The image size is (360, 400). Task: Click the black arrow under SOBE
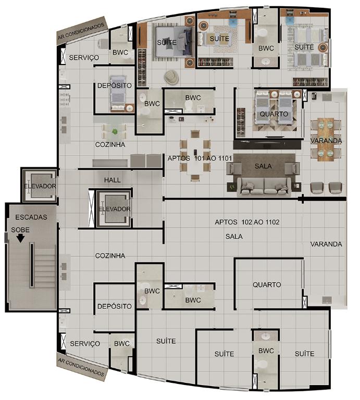(20, 238)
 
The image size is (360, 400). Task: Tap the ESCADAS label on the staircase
(31, 217)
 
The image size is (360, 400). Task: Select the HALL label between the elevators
(112, 180)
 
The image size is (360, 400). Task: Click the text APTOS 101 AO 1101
(200, 158)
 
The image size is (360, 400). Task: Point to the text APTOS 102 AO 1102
(247, 222)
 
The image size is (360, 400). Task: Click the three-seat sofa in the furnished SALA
(264, 187)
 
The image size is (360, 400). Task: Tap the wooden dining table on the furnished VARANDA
(326, 140)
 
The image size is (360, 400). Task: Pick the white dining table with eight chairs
(195, 156)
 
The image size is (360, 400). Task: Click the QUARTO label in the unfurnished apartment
(267, 284)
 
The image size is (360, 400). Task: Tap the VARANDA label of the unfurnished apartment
(326, 244)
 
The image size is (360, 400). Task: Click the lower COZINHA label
(110, 256)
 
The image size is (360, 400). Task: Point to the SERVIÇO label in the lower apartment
(85, 344)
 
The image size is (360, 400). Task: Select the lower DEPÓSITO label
(115, 306)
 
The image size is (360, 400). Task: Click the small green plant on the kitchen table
(115, 132)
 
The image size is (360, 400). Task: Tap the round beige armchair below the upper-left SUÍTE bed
(171, 77)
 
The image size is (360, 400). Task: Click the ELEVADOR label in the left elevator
(40, 186)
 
